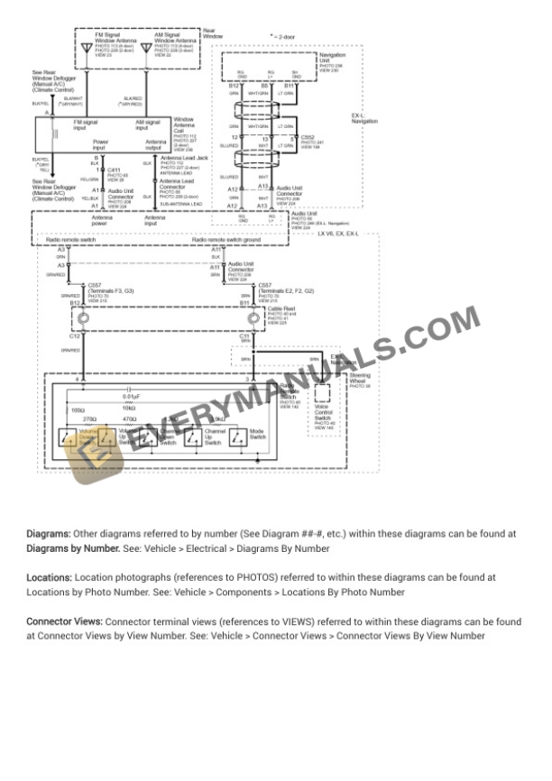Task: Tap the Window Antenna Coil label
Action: pyautogui.click(x=183, y=123)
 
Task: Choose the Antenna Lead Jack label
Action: pyautogui.click(x=179, y=158)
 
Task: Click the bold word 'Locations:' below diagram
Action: pyautogui.click(x=49, y=576)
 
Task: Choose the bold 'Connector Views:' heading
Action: pyautogui.click(x=64, y=621)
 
